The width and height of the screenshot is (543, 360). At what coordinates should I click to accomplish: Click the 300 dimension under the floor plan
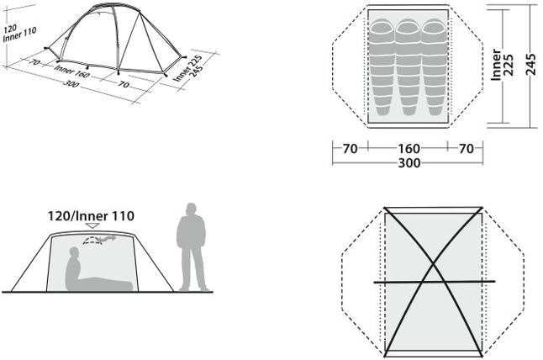tap(409, 163)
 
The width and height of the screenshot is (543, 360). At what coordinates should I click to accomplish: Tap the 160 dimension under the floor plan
tap(409, 149)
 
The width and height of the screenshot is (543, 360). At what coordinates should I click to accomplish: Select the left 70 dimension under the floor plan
tap(350, 149)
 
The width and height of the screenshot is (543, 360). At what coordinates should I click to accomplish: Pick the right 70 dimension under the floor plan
tap(467, 149)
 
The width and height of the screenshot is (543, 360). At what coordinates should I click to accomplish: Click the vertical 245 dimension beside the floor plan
tap(530, 65)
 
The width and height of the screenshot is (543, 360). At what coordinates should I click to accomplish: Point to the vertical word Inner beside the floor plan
tap(496, 65)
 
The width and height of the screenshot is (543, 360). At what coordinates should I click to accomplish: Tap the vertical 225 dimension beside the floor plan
tap(509, 65)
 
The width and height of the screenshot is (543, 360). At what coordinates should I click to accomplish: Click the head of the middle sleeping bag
tap(408, 27)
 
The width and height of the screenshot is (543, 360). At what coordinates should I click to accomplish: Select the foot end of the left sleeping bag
tap(382, 110)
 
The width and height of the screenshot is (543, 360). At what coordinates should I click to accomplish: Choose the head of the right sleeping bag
tap(435, 27)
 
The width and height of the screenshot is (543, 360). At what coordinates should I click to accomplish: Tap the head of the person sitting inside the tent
tap(74, 252)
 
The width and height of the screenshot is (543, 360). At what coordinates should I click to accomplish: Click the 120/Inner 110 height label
tap(91, 216)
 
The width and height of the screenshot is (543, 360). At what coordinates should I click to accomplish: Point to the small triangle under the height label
tap(92, 225)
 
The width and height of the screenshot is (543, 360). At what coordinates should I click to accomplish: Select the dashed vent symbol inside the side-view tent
tap(92, 241)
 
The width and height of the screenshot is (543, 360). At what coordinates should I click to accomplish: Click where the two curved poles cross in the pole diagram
tap(433, 266)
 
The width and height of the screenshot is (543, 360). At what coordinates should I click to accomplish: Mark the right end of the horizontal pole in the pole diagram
tap(494, 281)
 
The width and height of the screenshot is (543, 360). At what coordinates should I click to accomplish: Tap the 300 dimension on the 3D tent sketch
tap(71, 83)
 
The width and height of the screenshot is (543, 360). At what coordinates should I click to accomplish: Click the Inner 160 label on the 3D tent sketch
tap(71, 71)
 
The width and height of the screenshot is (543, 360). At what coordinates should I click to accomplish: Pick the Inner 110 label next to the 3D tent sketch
tap(19, 35)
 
